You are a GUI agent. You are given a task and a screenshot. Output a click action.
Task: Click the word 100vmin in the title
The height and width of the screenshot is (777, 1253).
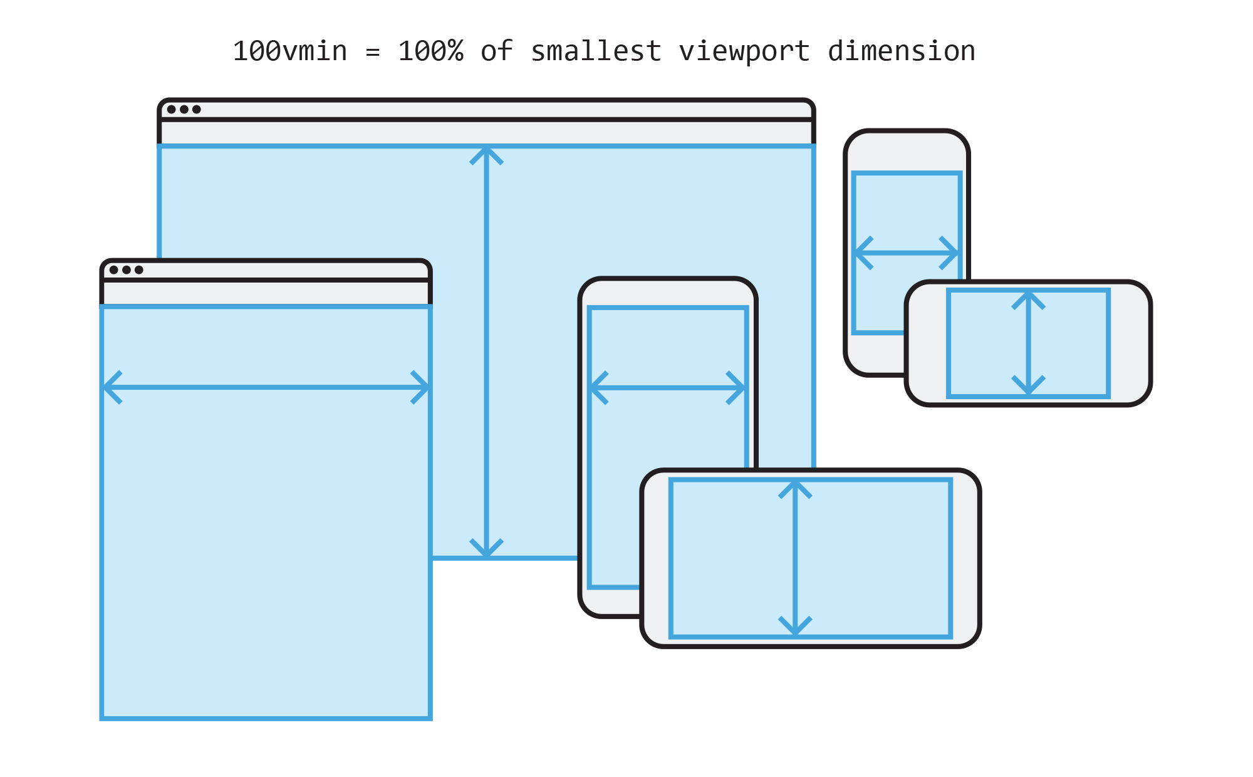tap(289, 51)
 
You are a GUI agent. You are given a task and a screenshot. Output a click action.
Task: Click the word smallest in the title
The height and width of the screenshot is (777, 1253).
tap(596, 51)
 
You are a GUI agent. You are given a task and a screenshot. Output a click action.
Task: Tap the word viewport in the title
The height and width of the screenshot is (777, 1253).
tap(744, 51)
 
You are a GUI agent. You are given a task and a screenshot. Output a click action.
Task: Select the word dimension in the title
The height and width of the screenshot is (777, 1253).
tap(902, 51)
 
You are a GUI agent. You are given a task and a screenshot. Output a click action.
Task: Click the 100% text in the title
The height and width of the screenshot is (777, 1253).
tap(430, 51)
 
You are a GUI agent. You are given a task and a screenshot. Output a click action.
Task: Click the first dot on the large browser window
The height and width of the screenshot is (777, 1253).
tap(172, 110)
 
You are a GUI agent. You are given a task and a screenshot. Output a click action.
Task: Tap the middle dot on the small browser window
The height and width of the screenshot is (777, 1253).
tap(127, 270)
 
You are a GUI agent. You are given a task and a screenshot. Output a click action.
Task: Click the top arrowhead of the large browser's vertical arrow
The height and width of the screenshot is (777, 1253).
tap(486, 153)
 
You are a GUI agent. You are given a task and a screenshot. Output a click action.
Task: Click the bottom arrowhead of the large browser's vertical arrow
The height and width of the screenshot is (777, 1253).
tap(486, 550)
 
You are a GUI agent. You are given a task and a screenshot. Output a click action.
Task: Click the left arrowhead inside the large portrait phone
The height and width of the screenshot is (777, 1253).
tap(597, 388)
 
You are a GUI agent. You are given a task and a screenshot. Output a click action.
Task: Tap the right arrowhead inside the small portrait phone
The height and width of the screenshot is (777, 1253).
tap(952, 253)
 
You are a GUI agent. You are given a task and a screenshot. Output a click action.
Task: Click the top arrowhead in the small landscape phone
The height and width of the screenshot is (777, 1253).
tap(1028, 298)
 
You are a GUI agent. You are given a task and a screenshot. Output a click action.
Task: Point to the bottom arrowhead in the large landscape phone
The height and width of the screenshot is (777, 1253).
tap(795, 628)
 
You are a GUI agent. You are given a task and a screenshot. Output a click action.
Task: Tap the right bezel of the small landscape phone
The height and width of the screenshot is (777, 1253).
tap(1130, 343)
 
